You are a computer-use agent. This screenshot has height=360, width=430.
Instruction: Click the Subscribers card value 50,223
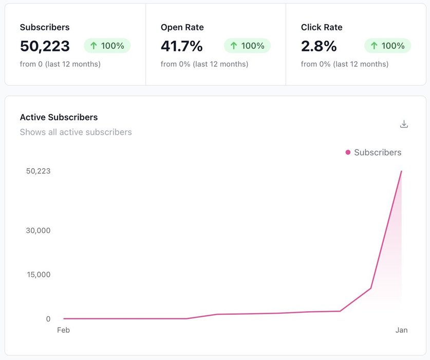pyautogui.click(x=45, y=46)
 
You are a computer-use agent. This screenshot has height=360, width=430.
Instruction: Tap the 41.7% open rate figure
pyautogui.click(x=182, y=46)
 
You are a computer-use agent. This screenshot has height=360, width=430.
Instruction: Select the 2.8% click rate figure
pyautogui.click(x=319, y=46)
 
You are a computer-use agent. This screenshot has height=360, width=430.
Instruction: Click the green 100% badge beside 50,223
pyautogui.click(x=107, y=46)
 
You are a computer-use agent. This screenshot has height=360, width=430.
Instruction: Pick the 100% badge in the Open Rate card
pyautogui.click(x=247, y=46)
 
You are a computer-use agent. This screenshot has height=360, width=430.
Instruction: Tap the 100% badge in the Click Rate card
pyautogui.click(x=388, y=46)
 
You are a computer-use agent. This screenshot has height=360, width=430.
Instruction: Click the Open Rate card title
pyautogui.click(x=182, y=27)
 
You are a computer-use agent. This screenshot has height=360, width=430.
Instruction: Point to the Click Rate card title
pyautogui.click(x=322, y=27)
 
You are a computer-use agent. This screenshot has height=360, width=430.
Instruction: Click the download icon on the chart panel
pyautogui.click(x=404, y=124)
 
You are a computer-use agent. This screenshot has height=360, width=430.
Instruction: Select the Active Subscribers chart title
pyautogui.click(x=59, y=117)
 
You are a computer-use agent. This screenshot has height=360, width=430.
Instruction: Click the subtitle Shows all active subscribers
pyautogui.click(x=76, y=132)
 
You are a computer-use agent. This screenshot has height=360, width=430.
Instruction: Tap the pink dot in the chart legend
pyautogui.click(x=348, y=152)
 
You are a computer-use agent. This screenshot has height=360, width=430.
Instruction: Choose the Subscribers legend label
pyautogui.click(x=378, y=152)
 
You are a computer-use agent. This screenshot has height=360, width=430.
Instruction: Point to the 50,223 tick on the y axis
pyautogui.click(x=39, y=171)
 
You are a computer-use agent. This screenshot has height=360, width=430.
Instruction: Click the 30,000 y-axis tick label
pyautogui.click(x=39, y=230)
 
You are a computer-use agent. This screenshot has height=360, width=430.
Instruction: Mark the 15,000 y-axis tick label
pyautogui.click(x=39, y=275)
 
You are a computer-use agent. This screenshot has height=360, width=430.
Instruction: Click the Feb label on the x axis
pyautogui.click(x=63, y=330)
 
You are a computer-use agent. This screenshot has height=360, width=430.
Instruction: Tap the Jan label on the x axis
pyautogui.click(x=401, y=330)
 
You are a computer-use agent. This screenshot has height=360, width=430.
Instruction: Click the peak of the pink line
pyautogui.click(x=401, y=171)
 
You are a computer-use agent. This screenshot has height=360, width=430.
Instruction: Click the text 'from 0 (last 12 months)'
pyautogui.click(x=60, y=64)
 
